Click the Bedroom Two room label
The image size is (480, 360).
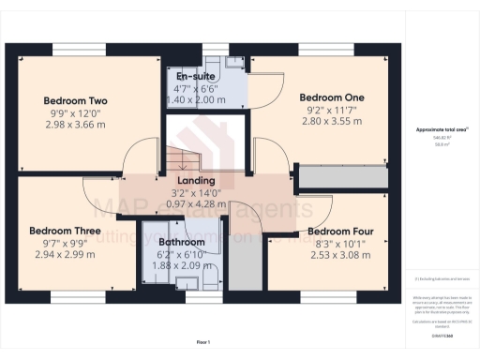pos(76,100)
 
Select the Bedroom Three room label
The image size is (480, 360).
pos(64,230)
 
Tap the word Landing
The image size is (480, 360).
pos(196,181)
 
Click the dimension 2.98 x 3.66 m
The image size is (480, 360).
pos(76,123)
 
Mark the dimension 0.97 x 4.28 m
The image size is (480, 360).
pos(196,203)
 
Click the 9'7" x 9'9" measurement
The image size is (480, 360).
pos(64,241)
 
